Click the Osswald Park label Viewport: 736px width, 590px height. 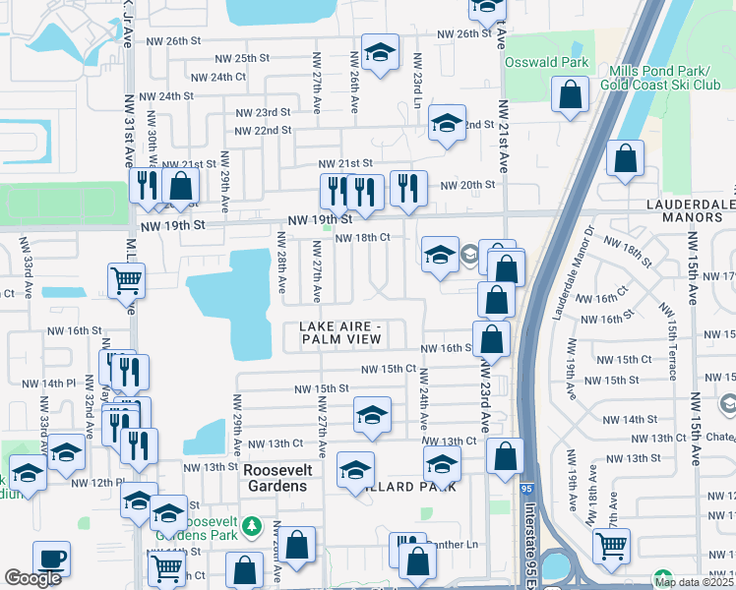click(546, 62)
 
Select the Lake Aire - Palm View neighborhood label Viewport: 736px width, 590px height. click(339, 332)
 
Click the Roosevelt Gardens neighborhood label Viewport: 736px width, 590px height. click(275, 478)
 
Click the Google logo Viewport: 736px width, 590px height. click(32, 578)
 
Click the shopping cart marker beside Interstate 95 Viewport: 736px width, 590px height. click(612, 544)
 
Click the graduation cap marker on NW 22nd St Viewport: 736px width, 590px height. click(447, 123)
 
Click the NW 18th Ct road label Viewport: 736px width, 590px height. click(363, 238)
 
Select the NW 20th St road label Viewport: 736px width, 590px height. click(466, 185)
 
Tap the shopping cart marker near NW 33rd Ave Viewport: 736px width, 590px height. click(127, 279)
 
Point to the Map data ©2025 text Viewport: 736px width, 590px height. click(693, 581)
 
